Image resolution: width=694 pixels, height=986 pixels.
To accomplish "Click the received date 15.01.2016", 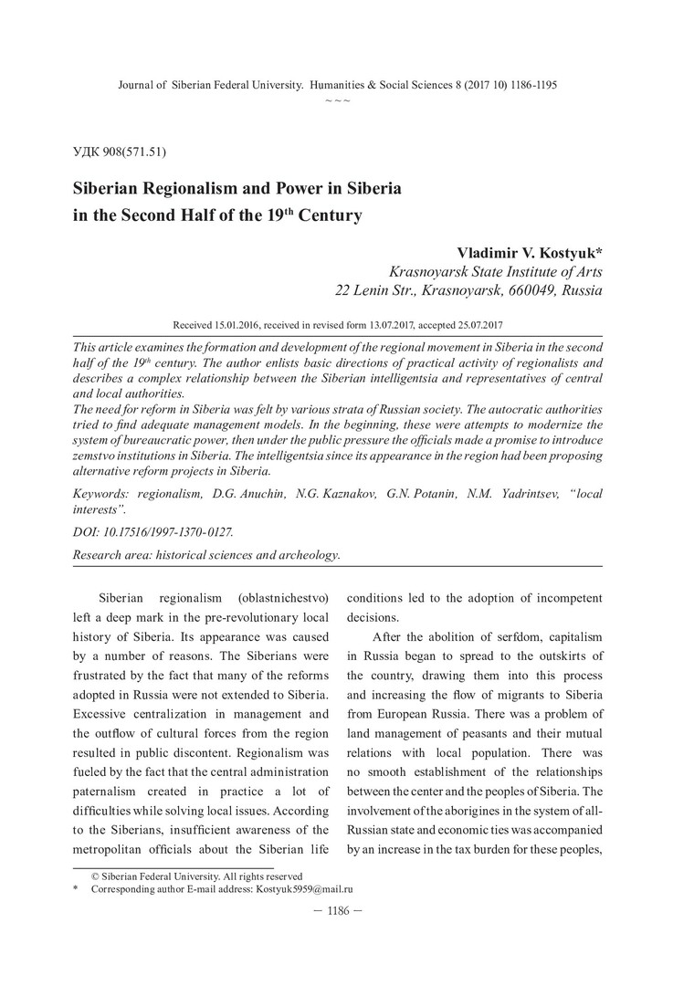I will [x=238, y=325].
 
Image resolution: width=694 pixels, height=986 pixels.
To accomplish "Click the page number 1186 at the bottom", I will [x=338, y=911].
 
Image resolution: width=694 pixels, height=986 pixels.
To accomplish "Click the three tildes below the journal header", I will [x=338, y=98].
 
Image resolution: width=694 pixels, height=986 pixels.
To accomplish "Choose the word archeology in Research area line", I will [x=308, y=554].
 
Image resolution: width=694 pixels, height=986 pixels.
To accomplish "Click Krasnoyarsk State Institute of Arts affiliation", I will [x=496, y=272].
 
